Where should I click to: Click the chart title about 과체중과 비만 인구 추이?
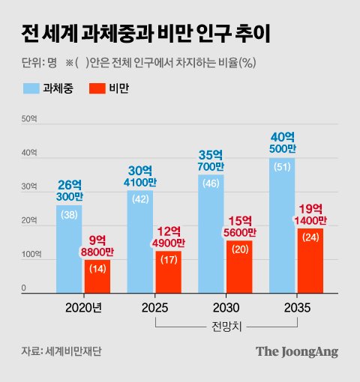(142, 34)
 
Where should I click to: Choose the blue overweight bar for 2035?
(282, 225)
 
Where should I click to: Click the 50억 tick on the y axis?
(28, 119)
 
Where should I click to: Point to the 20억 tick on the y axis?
(28, 221)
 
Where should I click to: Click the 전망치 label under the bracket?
(226, 326)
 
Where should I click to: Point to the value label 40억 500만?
(282, 142)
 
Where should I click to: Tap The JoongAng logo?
(297, 351)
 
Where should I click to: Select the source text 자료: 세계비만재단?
(61, 352)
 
